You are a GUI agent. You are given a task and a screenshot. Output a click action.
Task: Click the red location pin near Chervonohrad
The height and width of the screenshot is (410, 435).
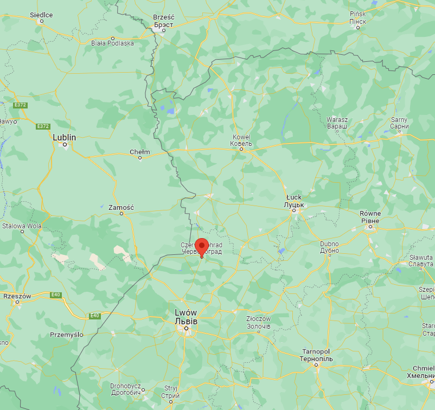pyautogui.click(x=202, y=246)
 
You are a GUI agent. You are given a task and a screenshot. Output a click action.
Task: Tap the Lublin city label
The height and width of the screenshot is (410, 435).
pyautogui.click(x=64, y=137)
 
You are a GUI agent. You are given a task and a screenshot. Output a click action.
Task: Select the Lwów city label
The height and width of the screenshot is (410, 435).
pyautogui.click(x=186, y=313)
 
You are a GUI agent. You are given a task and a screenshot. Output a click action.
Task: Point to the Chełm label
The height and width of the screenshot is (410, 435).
pyautogui.click(x=139, y=152)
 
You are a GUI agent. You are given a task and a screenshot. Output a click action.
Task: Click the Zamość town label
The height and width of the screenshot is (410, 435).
pyautogui.click(x=121, y=207)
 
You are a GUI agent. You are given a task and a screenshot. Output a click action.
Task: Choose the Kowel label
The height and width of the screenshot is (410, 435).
pyautogui.click(x=241, y=137)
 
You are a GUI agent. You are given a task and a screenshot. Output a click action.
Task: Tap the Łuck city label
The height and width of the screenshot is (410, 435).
pyautogui.click(x=293, y=197)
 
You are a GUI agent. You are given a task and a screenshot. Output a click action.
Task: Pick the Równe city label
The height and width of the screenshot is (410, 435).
pyautogui.click(x=370, y=214)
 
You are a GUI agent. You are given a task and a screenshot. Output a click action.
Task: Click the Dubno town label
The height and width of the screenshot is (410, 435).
pyautogui.click(x=329, y=244)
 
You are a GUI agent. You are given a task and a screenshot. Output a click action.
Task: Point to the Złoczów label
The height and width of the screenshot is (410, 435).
pyautogui.click(x=258, y=319)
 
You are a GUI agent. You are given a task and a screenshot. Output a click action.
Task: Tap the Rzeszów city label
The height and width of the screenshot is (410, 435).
pyautogui.click(x=17, y=296)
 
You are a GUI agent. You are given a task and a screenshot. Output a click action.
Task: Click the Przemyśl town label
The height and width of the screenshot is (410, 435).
pyautogui.click(x=66, y=335)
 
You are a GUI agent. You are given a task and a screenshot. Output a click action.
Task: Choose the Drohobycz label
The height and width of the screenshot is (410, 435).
pyautogui.click(x=125, y=386)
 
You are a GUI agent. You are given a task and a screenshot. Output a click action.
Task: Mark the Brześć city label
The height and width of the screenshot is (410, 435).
pyautogui.click(x=163, y=17)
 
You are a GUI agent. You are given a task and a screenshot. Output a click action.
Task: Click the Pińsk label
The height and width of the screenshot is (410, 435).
pyautogui.click(x=358, y=13)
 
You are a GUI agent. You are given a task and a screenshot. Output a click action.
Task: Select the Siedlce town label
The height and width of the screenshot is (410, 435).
pyautogui.click(x=41, y=15)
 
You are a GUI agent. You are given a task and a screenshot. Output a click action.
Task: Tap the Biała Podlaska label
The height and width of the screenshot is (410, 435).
pyautogui.click(x=112, y=43)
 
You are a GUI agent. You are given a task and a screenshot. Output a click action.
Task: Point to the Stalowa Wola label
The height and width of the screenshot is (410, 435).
pyautogui.click(x=22, y=226)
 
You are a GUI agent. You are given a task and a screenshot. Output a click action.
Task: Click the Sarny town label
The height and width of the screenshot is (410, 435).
pyautogui.click(x=399, y=119)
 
